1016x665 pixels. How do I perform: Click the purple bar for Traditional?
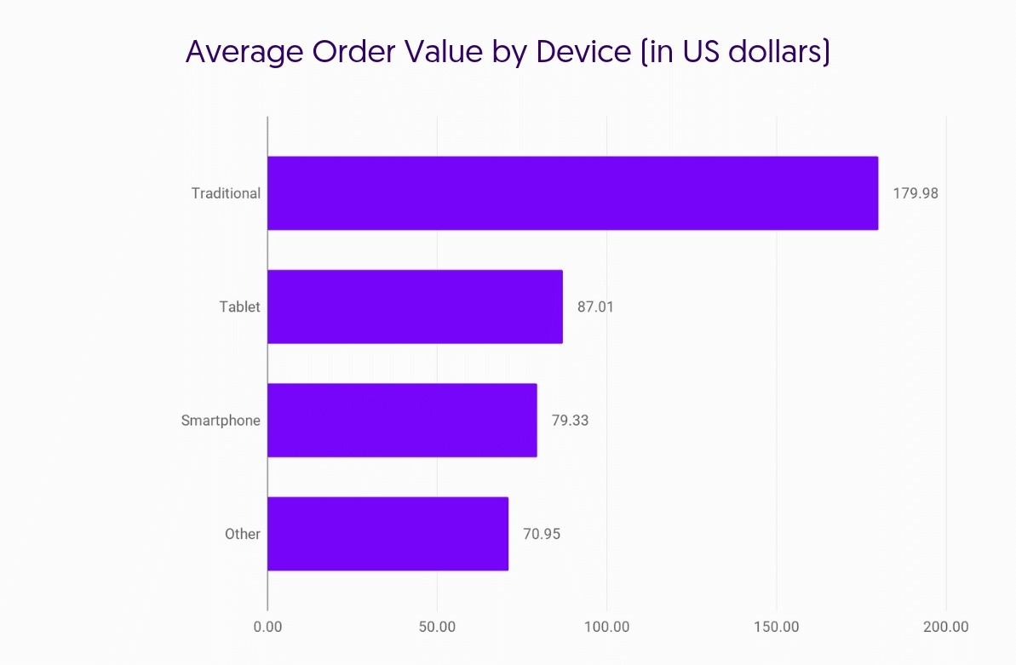click(572, 193)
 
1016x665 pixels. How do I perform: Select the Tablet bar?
click(415, 307)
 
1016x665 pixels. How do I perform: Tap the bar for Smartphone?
click(402, 420)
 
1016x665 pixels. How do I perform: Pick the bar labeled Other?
click(387, 534)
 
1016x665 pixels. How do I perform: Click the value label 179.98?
click(916, 193)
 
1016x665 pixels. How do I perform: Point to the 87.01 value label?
click(595, 307)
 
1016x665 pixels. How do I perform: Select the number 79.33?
click(570, 420)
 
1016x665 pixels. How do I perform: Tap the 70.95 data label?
click(542, 534)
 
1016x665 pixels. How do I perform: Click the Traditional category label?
click(226, 193)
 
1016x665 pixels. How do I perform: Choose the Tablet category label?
click(239, 307)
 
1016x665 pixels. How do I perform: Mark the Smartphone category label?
click(221, 420)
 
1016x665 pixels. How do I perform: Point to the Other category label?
click(243, 534)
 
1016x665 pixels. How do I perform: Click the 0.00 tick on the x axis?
click(267, 627)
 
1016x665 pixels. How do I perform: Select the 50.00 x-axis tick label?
click(437, 627)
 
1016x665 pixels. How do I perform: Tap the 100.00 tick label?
click(606, 627)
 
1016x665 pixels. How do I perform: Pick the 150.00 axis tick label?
click(776, 627)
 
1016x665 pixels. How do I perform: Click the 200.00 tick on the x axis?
click(945, 627)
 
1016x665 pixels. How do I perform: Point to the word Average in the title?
click(244, 53)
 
